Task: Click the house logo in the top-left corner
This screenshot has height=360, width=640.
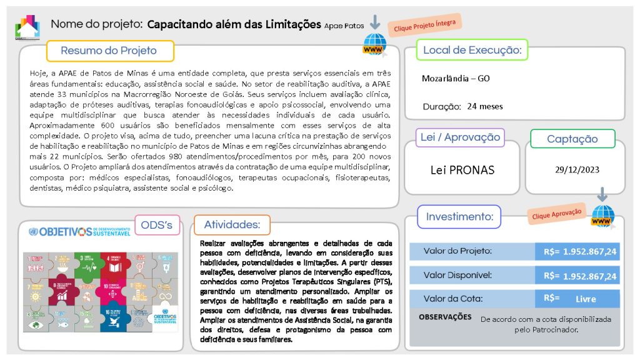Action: tap(27, 26)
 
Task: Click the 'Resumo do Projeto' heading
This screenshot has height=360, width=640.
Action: tap(109, 51)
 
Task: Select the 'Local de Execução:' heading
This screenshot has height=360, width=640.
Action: tap(472, 50)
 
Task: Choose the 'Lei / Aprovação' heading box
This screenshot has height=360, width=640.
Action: tap(460, 137)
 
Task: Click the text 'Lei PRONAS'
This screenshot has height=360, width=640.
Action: tap(462, 169)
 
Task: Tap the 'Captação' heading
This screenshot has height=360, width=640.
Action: tap(572, 139)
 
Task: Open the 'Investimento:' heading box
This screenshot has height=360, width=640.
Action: tap(459, 217)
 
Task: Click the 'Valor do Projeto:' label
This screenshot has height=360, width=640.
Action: tap(457, 251)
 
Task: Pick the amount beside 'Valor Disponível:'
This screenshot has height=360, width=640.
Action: tap(580, 276)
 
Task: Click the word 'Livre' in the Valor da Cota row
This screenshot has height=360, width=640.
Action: tap(586, 299)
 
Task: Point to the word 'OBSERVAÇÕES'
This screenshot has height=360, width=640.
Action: tap(445, 317)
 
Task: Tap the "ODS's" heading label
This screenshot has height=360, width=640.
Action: tap(157, 225)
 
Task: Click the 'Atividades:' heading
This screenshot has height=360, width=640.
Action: tap(232, 225)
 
